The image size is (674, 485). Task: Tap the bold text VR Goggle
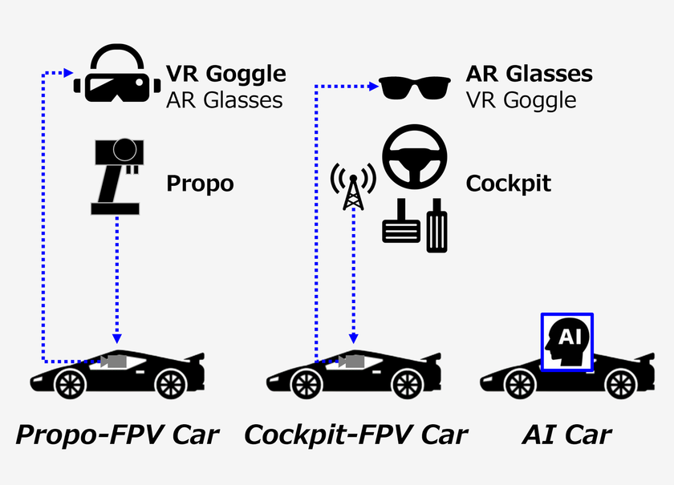[225, 74]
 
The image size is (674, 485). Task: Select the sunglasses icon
[414, 87]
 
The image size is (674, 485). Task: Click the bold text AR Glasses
[529, 75]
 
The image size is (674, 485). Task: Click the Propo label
[200, 184]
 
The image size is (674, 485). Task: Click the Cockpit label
[508, 184]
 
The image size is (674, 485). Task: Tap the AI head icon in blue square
[567, 342]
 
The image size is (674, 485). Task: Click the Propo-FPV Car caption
[117, 435]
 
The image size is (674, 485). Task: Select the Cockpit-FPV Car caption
[355, 435]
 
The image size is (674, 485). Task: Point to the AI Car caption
[566, 435]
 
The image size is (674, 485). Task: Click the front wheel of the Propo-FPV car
[71, 384]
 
